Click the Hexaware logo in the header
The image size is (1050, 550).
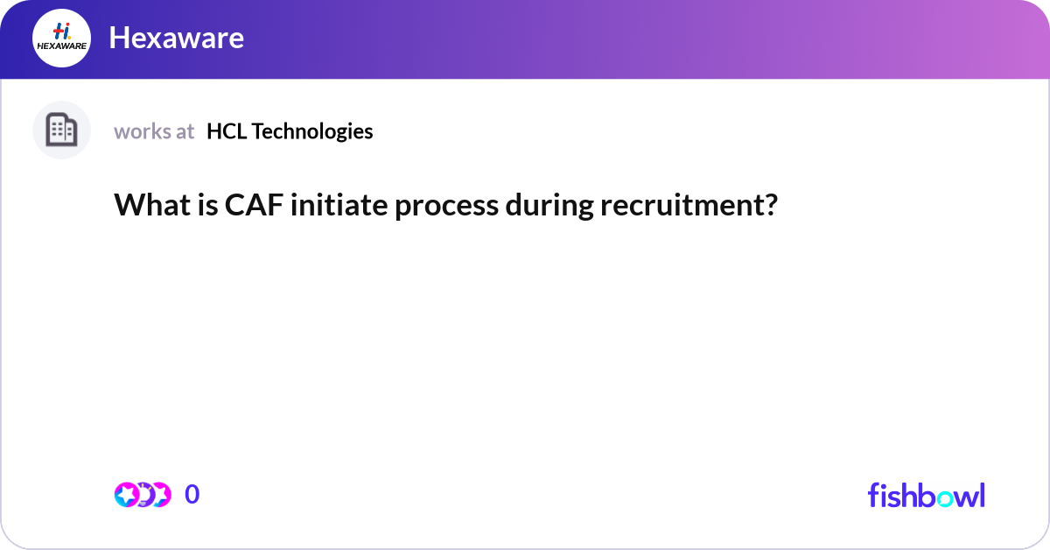point(61,39)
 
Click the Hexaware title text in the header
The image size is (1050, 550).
point(176,39)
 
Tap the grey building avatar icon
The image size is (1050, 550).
point(61,130)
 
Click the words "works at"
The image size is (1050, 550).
point(154,131)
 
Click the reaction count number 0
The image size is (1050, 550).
point(192,495)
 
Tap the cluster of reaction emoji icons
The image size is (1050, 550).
point(142,495)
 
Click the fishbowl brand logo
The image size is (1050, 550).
point(926,495)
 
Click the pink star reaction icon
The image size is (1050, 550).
point(127,495)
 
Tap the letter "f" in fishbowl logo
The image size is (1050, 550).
point(873,494)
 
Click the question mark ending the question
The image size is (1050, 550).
point(771,206)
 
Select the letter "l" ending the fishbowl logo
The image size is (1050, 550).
point(982,494)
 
